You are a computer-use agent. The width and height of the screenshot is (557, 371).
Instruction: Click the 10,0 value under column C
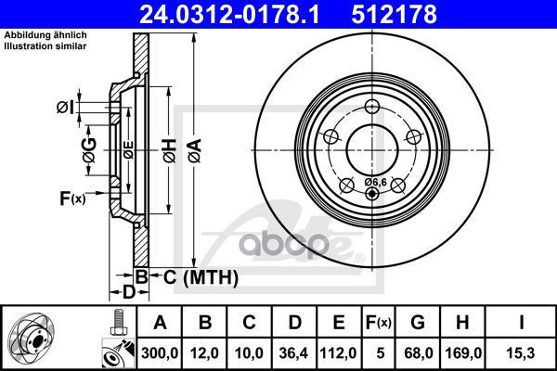click(251, 353)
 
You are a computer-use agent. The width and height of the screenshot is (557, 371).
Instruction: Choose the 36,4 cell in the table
click(293, 353)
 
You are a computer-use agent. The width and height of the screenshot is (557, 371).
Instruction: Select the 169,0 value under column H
click(466, 353)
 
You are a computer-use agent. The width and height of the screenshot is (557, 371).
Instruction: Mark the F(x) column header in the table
click(380, 323)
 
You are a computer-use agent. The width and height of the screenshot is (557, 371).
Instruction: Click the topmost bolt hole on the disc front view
click(372, 103)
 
